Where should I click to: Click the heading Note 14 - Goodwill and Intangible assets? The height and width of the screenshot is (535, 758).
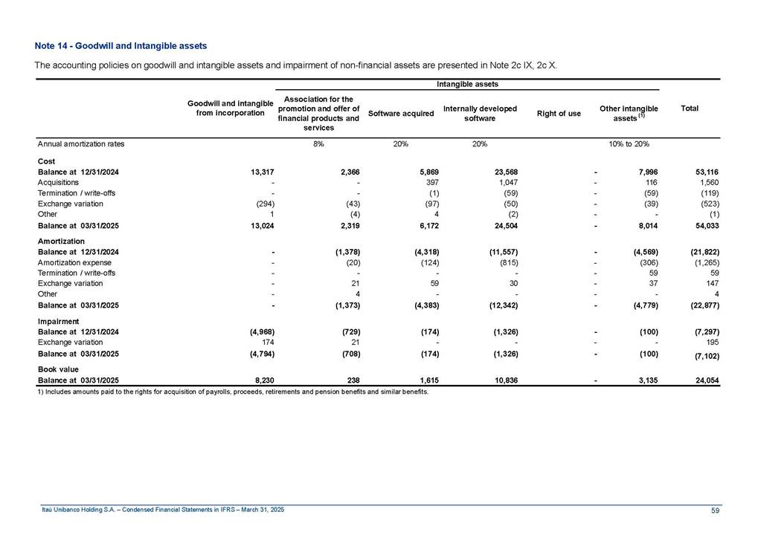click(x=120, y=46)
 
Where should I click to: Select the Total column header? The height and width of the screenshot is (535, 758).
click(x=689, y=108)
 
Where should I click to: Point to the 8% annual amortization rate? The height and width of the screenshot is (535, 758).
click(x=318, y=144)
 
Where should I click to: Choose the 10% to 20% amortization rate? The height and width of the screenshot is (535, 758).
click(x=629, y=144)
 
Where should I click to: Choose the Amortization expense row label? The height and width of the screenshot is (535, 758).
click(x=74, y=262)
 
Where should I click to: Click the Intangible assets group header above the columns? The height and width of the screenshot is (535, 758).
click(x=467, y=85)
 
